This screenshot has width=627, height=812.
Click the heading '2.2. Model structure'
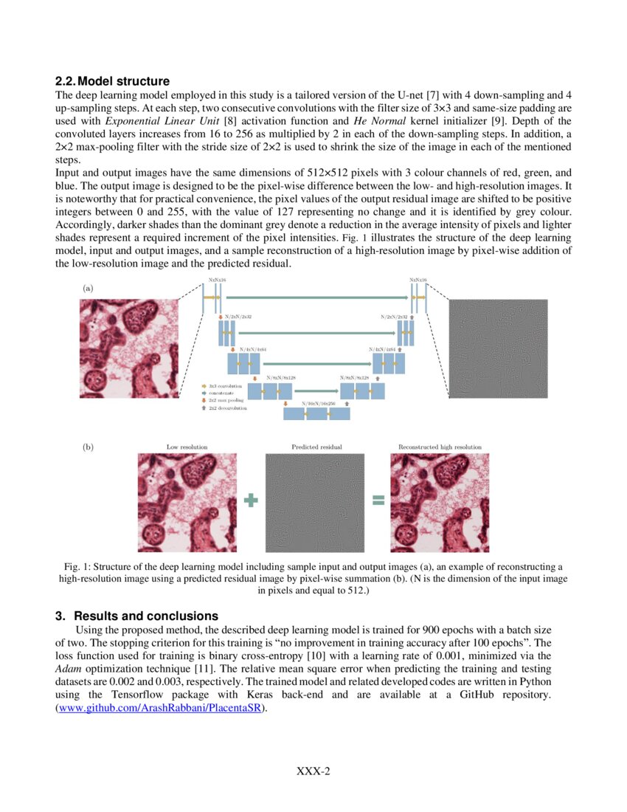(113, 81)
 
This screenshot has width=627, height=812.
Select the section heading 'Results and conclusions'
(146, 616)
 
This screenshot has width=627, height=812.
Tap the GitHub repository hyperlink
(162, 709)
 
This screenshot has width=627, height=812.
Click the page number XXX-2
(313, 771)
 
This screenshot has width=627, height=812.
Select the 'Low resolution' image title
(187, 447)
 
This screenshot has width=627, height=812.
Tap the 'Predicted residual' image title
(316, 447)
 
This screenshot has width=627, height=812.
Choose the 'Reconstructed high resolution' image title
(440, 447)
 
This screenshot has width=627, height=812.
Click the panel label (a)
(88, 289)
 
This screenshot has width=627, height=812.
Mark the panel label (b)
(88, 447)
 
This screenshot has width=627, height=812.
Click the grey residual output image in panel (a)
(498, 348)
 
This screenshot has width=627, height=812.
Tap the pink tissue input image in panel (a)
(129, 348)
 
